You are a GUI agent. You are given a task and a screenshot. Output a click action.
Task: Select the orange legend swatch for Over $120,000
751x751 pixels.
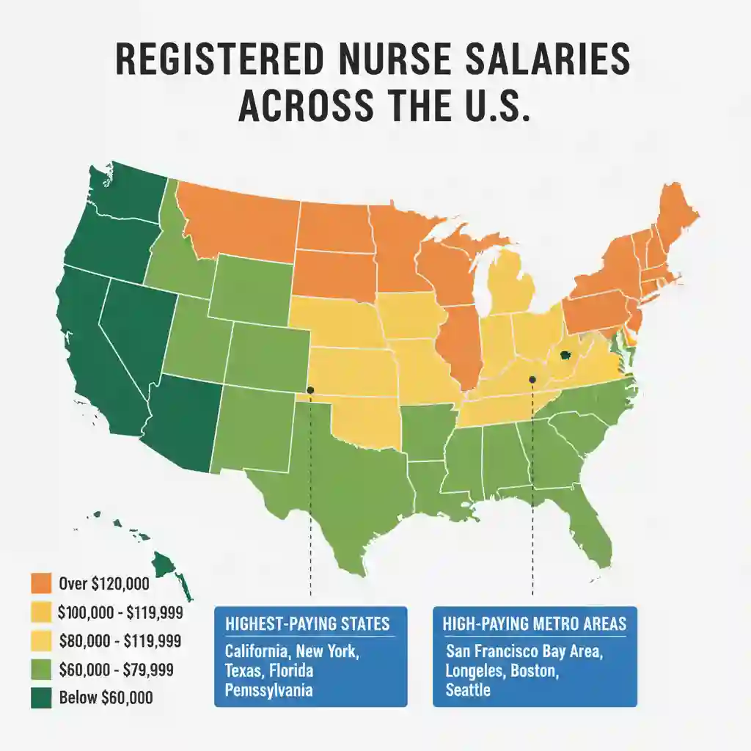[41, 584]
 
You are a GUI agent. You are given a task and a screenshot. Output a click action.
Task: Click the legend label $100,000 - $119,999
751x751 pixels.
[119, 612]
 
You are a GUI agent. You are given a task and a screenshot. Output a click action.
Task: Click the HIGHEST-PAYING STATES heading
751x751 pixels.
[307, 624]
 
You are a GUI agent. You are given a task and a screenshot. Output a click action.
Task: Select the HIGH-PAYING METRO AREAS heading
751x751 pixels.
[535, 624]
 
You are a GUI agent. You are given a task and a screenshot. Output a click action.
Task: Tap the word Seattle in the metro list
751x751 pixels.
[468, 690]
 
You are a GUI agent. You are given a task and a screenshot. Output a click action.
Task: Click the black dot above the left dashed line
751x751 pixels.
[310, 390]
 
